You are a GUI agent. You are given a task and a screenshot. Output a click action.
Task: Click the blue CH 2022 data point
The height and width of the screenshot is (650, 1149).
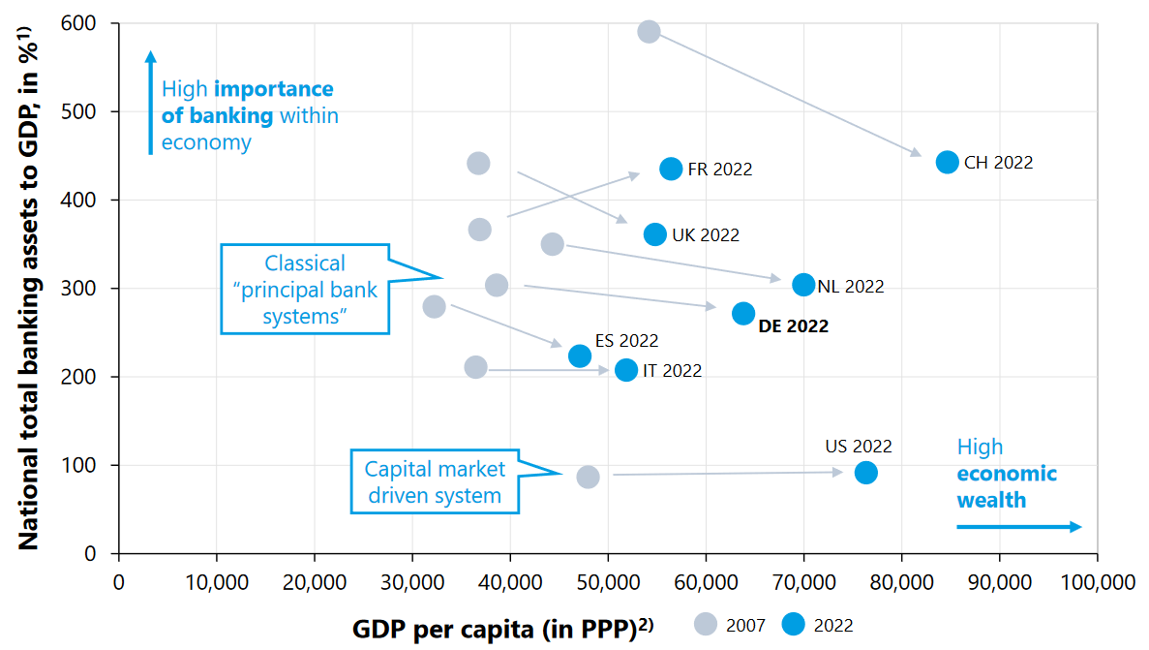(948, 162)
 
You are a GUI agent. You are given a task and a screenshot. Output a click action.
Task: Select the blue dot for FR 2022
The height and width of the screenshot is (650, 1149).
(671, 169)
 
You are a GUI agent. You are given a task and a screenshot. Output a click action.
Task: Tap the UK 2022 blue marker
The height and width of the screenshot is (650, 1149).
(655, 234)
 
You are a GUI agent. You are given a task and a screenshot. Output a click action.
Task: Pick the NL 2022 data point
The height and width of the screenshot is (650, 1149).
(803, 285)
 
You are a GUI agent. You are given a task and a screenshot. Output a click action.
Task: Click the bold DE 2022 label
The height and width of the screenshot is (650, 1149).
(793, 326)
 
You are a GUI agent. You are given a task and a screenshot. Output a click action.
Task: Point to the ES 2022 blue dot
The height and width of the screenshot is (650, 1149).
(580, 356)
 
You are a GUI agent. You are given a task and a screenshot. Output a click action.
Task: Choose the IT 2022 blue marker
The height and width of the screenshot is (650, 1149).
(626, 370)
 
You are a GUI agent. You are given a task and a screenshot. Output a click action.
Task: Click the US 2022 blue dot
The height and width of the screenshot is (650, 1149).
(866, 473)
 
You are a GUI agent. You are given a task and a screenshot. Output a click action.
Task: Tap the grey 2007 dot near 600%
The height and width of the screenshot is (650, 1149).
(650, 31)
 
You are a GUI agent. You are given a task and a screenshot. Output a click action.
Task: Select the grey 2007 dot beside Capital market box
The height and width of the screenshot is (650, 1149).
(588, 477)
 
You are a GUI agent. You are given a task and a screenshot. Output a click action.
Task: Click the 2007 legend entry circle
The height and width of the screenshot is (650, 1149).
(708, 625)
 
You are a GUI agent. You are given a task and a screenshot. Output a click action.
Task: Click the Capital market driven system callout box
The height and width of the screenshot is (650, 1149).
(435, 481)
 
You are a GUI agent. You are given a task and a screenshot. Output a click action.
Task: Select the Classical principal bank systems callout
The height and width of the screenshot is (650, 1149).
(305, 290)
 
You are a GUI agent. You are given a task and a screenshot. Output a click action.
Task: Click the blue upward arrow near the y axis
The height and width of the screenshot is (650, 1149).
(150, 102)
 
